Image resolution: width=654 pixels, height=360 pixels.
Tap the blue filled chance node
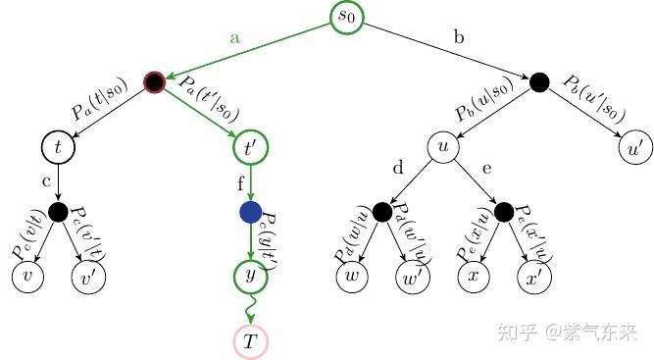250,212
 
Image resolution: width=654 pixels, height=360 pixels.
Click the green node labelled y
250,277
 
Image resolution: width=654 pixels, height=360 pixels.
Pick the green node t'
250,148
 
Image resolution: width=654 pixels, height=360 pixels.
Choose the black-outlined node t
58,148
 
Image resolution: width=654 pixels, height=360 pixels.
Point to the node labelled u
443,148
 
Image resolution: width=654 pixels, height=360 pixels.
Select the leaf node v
27,278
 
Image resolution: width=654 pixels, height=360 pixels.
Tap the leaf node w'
412,278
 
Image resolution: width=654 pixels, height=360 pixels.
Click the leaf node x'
535,278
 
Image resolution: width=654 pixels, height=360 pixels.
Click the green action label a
234,38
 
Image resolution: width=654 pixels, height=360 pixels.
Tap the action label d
398,170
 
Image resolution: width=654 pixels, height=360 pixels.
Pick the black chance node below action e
504,212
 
